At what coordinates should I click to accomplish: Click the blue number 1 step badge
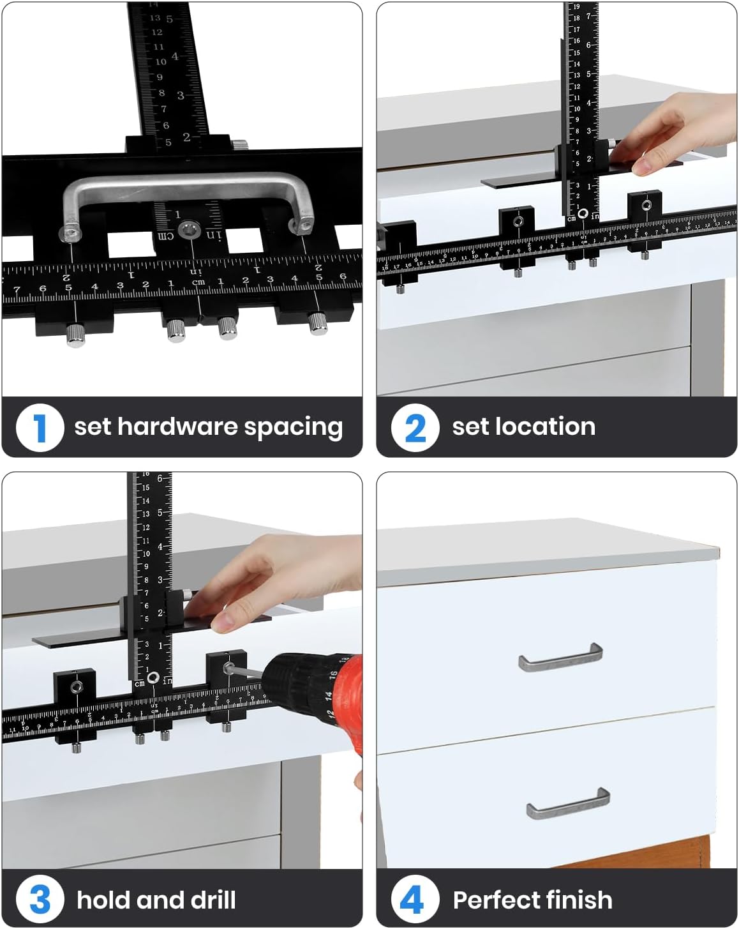(40, 427)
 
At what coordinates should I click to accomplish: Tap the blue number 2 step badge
(415, 427)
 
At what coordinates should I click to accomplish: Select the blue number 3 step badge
(40, 900)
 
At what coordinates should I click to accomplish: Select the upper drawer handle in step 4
(560, 658)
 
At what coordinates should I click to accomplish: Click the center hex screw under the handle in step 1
(188, 231)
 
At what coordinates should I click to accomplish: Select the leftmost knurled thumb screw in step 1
(75, 335)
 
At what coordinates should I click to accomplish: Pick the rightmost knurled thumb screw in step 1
(318, 322)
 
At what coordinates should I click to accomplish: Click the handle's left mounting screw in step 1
(70, 234)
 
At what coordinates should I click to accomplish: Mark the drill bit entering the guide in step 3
(249, 672)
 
